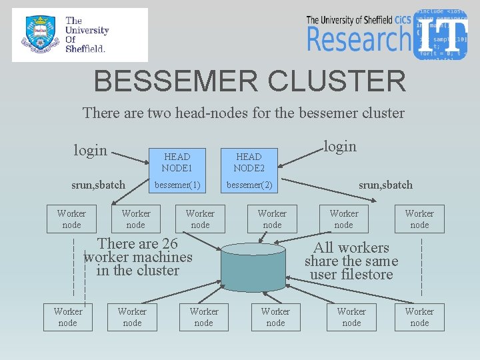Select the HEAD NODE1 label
(x=176, y=162)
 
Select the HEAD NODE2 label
(x=249, y=162)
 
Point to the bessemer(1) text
(x=177, y=185)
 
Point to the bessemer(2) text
(x=249, y=185)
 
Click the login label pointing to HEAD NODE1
(x=90, y=150)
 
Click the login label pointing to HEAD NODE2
(x=339, y=146)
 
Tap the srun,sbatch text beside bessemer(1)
(x=98, y=185)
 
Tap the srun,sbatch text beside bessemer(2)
(x=385, y=185)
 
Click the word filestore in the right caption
(x=367, y=274)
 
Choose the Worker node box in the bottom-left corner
(x=68, y=317)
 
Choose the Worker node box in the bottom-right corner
(x=419, y=317)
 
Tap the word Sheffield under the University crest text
(x=85, y=48)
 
